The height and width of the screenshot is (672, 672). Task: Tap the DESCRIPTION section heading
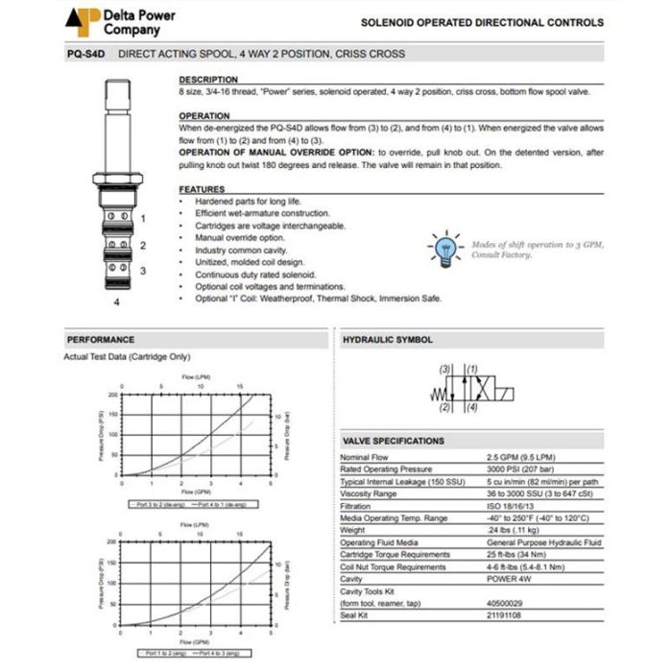point(208,80)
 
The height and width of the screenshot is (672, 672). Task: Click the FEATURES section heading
point(202,190)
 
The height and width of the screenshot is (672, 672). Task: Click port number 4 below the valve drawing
point(117,302)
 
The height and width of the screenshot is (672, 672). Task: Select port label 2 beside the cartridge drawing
point(142,245)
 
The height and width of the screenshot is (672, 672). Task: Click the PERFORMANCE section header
point(100,340)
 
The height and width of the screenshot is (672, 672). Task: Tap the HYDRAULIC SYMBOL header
point(387,340)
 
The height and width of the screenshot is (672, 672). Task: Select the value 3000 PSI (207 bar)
point(520,468)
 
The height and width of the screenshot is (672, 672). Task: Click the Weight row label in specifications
point(352,530)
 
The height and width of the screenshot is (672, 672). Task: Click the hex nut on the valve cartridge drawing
point(118,179)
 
